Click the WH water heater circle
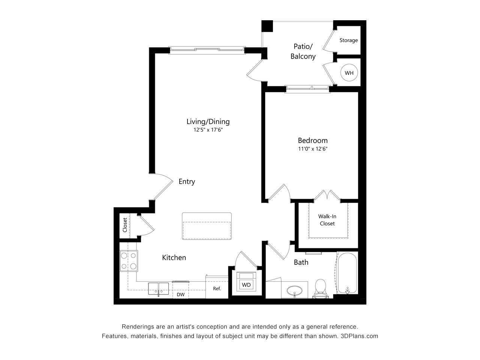click(x=349, y=73)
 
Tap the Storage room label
click(x=348, y=40)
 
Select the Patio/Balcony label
click(x=303, y=51)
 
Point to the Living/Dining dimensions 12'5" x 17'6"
click(x=208, y=130)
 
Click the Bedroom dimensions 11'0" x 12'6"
click(x=313, y=149)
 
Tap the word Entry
click(x=187, y=181)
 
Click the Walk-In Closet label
click(x=327, y=220)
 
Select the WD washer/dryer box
click(x=246, y=285)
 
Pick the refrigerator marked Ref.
click(x=217, y=288)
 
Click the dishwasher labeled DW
click(x=181, y=294)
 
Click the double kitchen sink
click(x=158, y=289)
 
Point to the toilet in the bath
click(x=321, y=288)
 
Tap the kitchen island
click(x=207, y=226)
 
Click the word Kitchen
click(x=174, y=258)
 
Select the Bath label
click(x=301, y=262)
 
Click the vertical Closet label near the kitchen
click(x=125, y=225)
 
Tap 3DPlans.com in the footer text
click(x=359, y=336)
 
